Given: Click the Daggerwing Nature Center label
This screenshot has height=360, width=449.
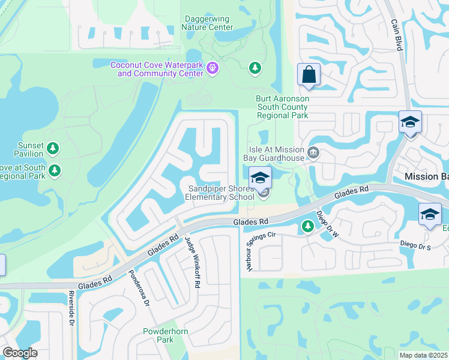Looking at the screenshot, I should click(207, 23).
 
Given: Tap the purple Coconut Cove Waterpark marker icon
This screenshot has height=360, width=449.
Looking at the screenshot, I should click(211, 70).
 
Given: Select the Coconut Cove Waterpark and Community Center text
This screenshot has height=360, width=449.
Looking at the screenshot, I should click(157, 69).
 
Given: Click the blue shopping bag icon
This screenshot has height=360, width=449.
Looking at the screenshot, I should click(309, 76).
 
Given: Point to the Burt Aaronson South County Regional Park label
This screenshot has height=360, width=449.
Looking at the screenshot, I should click(282, 107).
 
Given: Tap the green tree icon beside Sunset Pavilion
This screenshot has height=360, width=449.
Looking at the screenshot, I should click(53, 148).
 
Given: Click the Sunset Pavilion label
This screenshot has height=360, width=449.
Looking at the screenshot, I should click(31, 149).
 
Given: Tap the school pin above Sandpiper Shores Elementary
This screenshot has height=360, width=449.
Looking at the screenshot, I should click(261, 178).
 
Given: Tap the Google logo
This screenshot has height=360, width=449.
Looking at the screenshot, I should click(20, 353).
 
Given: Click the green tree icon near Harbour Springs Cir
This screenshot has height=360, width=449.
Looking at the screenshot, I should click(307, 226).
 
